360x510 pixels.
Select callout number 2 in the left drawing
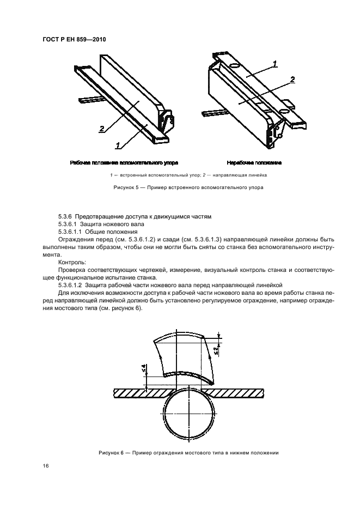tap(101, 129)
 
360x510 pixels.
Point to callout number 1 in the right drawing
tap(276, 64)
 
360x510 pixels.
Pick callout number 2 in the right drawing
tap(292, 80)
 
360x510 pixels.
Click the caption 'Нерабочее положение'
tap(254, 163)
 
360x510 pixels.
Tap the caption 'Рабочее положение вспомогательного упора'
tap(124, 163)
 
